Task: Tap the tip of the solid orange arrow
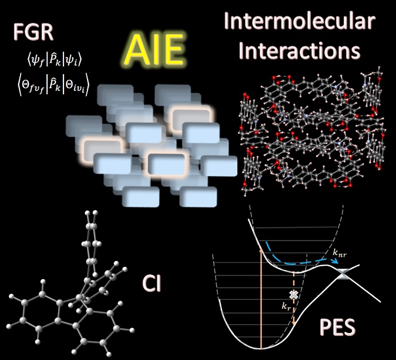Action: tap(260, 249)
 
